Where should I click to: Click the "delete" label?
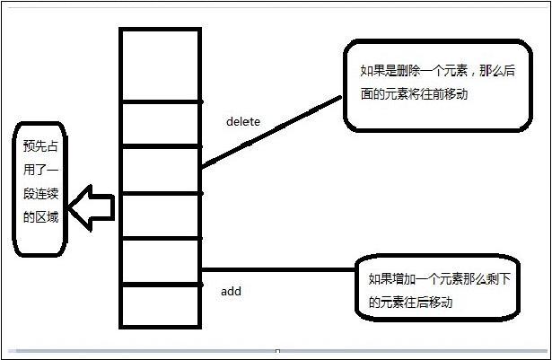242,120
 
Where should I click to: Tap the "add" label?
231,291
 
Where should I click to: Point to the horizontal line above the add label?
278,269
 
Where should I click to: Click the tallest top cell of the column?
161,65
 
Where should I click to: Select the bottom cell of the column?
161,305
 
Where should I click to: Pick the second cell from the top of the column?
161,123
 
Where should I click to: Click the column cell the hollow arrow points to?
161,215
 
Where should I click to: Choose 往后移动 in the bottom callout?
427,303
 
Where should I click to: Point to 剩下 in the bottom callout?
497,279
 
